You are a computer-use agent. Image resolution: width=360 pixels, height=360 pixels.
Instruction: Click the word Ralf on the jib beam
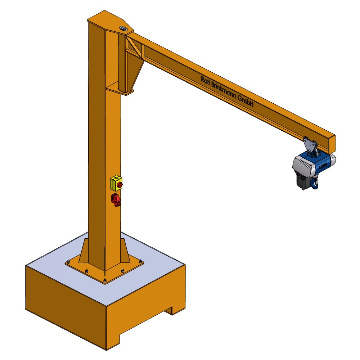point(207,81)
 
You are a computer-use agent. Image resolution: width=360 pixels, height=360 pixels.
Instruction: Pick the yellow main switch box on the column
point(116,183)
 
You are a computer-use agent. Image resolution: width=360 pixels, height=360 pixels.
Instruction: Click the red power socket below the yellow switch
point(116,200)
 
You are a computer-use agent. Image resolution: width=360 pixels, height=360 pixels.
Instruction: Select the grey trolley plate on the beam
point(309,145)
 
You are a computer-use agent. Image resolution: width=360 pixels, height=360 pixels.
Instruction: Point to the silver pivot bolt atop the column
point(123,28)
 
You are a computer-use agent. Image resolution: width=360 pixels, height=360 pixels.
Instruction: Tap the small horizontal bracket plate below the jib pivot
point(119,89)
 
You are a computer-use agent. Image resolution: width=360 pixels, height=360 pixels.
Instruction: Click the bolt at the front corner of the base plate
point(104,281)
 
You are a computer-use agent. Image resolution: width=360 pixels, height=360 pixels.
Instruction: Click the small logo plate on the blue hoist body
point(323,165)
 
